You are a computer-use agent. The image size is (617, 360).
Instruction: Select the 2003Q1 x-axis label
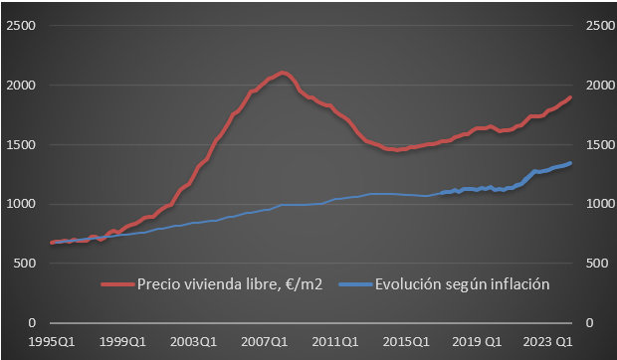click(194, 341)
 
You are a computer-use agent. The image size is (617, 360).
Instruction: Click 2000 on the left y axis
click(22, 86)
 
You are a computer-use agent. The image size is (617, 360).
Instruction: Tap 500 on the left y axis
click(25, 264)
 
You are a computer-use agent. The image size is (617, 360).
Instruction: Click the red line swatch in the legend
click(119, 285)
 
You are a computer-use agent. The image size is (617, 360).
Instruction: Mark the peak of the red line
click(284, 73)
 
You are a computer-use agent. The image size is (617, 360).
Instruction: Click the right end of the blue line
click(570, 163)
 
